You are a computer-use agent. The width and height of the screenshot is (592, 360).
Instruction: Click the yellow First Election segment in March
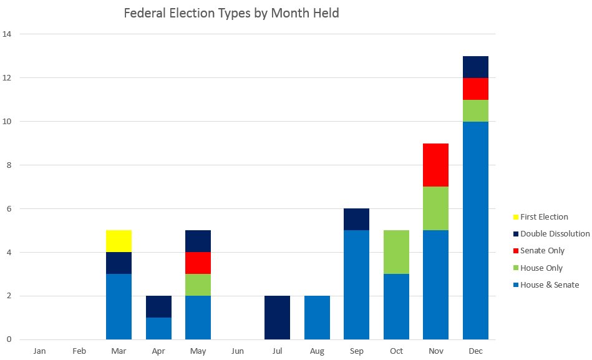pos(119,241)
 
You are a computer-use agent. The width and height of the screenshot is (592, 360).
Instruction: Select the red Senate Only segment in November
pos(435,165)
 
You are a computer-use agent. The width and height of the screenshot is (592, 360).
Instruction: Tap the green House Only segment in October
pos(396,252)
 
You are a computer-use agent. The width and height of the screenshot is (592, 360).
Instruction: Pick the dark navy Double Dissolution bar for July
pos(277,318)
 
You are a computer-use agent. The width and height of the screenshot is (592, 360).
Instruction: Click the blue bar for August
pos(317,318)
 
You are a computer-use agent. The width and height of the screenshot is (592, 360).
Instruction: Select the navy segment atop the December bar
pos(475,67)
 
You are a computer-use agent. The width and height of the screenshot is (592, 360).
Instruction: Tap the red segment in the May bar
pos(198,263)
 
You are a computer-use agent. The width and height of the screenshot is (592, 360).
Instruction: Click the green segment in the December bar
pos(475,110)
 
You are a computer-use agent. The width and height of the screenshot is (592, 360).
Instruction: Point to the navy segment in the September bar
pos(356,219)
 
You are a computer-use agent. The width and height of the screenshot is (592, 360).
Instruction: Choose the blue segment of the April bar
pos(158,328)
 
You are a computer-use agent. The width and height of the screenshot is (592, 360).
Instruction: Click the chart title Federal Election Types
pos(231,13)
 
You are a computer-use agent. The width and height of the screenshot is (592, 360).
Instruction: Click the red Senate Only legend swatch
pos(515,251)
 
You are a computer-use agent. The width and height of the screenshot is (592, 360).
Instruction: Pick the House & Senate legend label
pos(550,285)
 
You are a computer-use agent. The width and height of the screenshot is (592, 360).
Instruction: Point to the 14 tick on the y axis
pos(7,34)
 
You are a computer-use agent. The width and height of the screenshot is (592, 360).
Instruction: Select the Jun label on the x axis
pos(238,351)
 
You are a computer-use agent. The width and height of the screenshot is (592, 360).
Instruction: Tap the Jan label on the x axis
pos(40,351)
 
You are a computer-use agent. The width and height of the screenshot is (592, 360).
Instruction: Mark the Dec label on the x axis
pos(475,351)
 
